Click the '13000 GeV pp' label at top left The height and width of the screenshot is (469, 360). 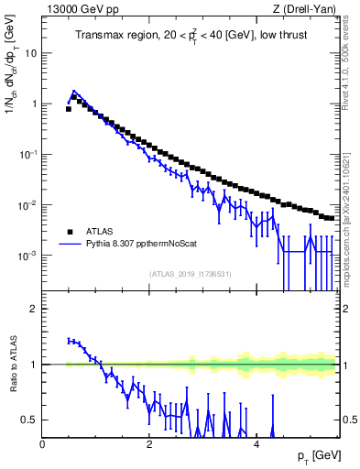pyautogui.click(x=79, y=9)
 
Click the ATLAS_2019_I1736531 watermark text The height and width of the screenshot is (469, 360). pyautogui.click(x=190, y=274)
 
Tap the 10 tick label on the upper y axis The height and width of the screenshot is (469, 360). pyautogui.click(x=30, y=53)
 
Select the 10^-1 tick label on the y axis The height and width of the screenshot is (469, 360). pyautogui.click(x=27, y=154)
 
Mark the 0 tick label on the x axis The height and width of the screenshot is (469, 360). pyautogui.click(x=43, y=444)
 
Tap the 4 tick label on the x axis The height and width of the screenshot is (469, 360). pyautogui.click(x=256, y=444)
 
